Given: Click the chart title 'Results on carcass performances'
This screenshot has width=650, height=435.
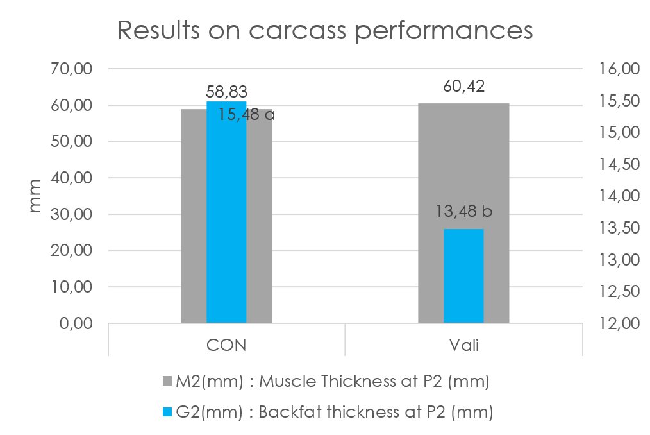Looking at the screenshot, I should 325,30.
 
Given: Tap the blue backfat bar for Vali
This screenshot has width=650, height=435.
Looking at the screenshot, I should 463,275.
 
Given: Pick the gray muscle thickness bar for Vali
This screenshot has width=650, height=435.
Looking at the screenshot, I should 431,212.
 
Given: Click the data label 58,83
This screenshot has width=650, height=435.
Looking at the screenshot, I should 226,92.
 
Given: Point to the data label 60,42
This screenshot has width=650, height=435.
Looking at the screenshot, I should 463,86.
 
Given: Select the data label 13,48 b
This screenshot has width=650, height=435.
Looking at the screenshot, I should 463,210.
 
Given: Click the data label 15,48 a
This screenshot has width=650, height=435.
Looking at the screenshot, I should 247,115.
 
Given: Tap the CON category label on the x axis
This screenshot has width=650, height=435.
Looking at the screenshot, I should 226,345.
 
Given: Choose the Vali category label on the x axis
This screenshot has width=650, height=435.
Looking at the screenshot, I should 463,345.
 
